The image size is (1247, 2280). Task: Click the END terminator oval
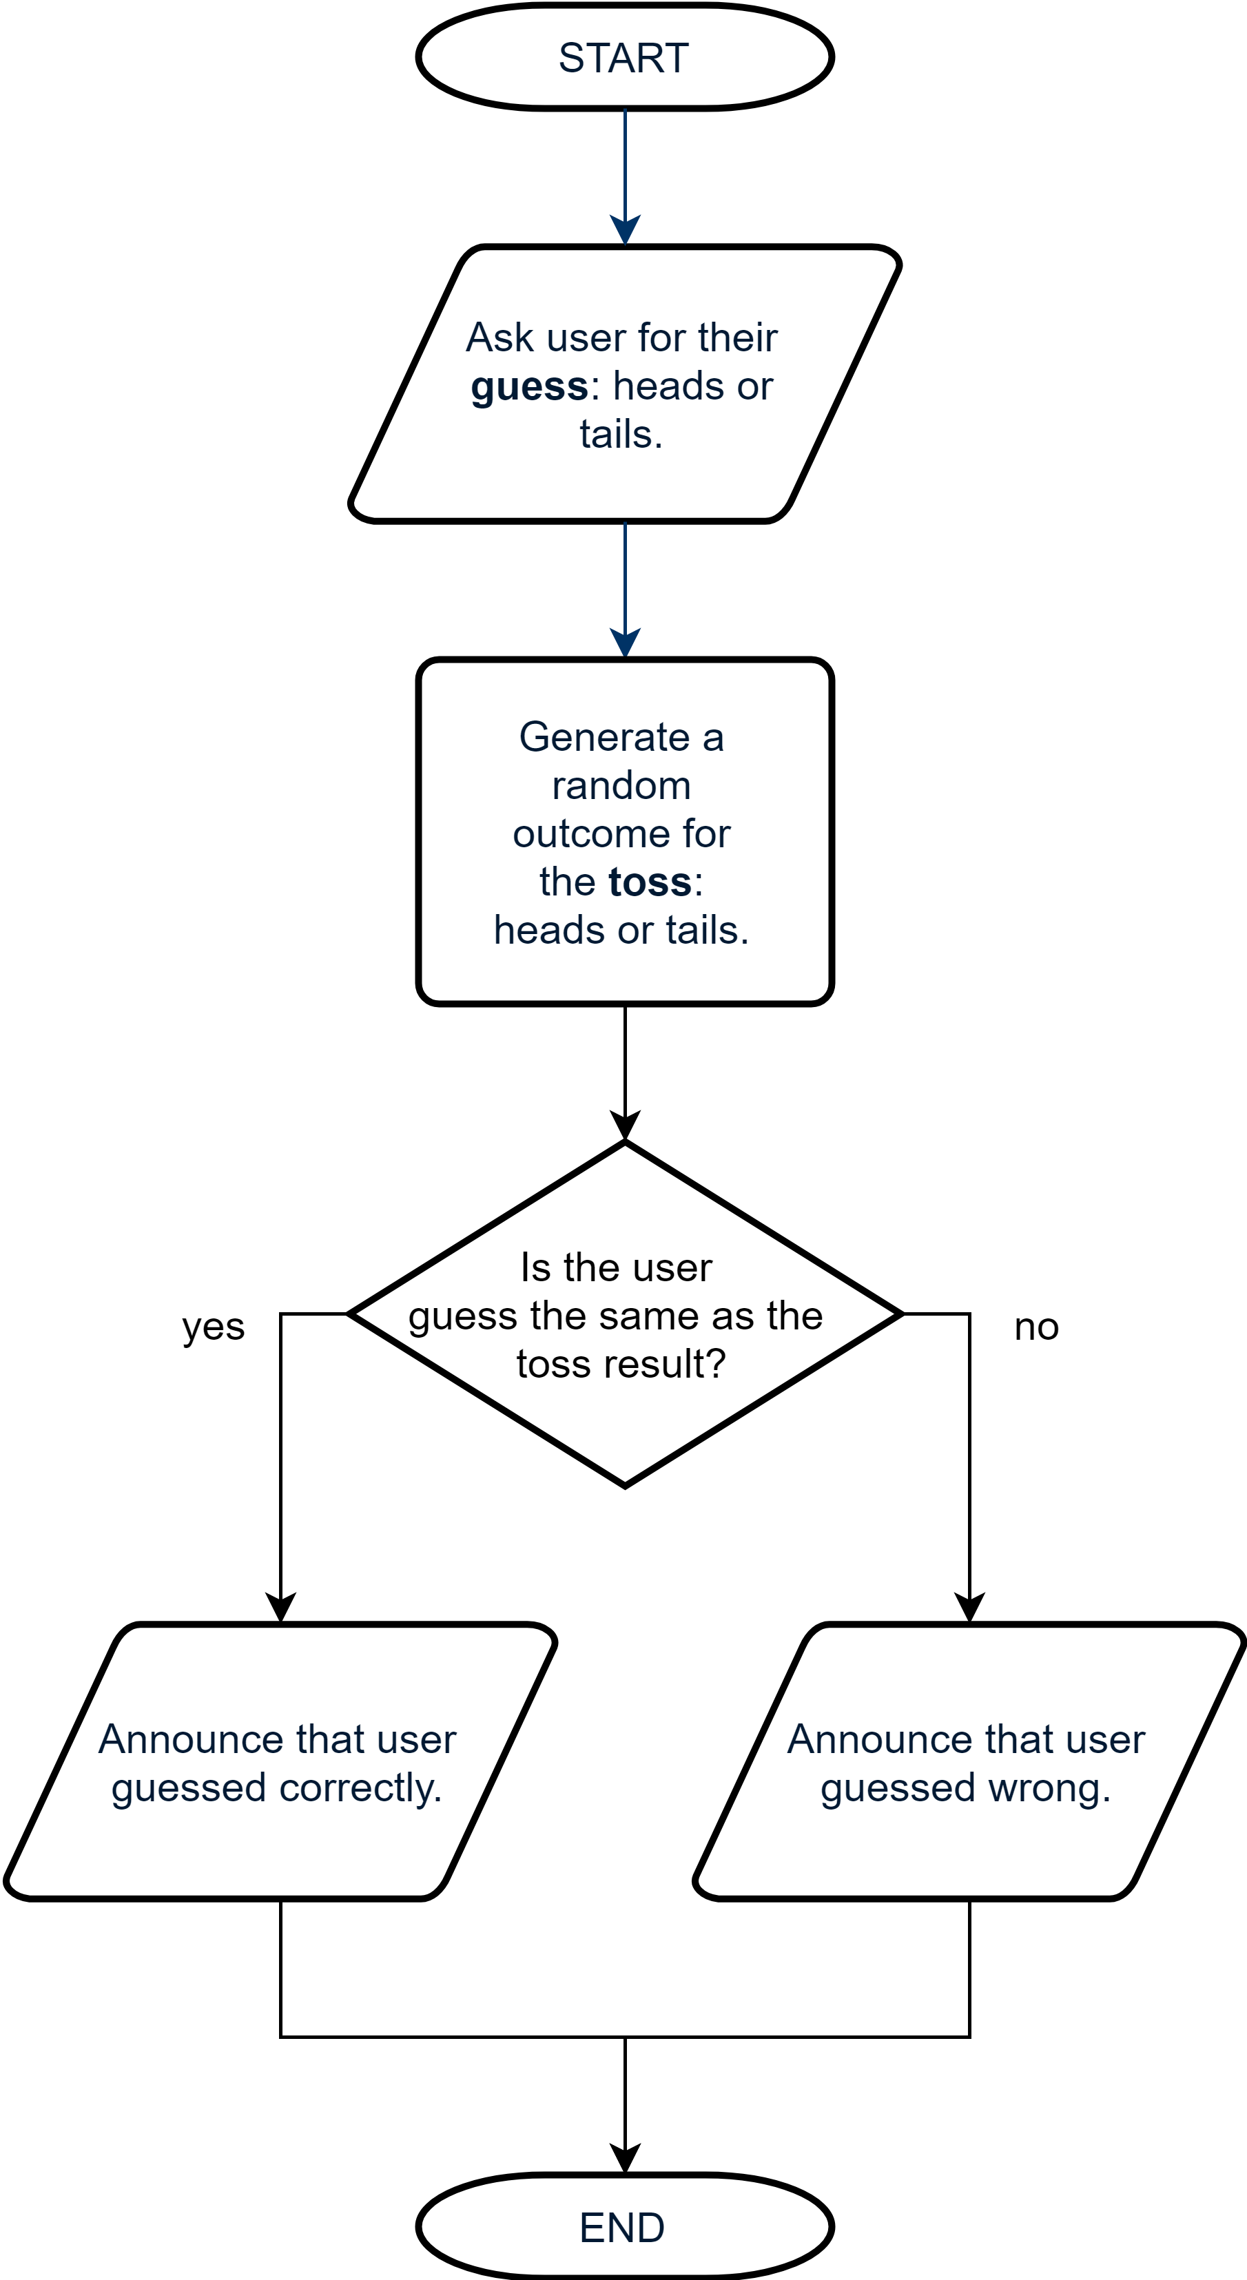click(x=624, y=2227)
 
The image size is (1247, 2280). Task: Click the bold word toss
click(x=650, y=882)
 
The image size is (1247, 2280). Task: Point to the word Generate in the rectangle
click(x=604, y=737)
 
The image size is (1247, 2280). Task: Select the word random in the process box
click(x=621, y=786)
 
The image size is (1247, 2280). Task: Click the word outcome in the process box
click(x=591, y=833)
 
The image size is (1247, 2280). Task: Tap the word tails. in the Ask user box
click(x=621, y=435)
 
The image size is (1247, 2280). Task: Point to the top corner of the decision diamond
click(x=625, y=1149)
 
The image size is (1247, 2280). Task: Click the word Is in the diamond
click(x=535, y=1267)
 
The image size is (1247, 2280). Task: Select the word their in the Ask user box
click(x=737, y=338)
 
